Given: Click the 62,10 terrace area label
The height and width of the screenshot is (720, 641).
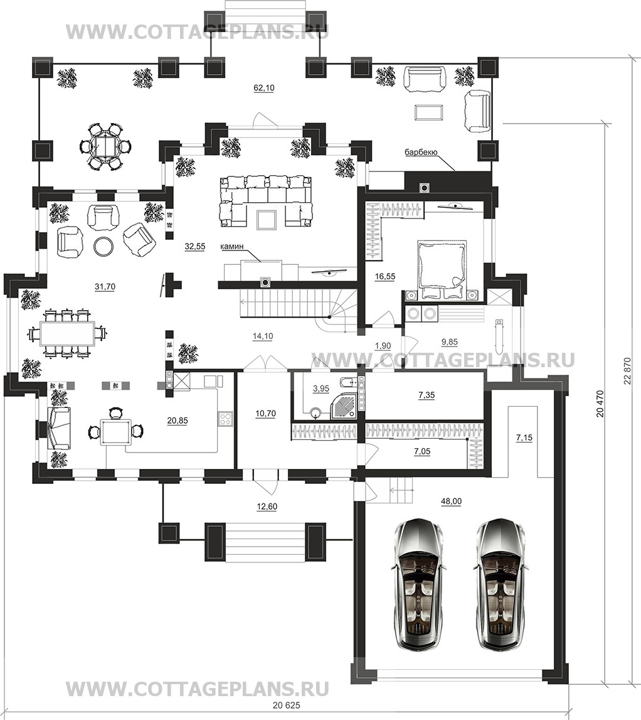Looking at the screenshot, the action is tap(264, 88).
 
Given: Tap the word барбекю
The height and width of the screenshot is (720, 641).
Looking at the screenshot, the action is tap(421, 152).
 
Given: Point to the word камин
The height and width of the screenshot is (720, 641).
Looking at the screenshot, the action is tap(231, 247).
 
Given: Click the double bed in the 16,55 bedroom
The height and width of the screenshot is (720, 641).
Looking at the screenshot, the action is tap(442, 271).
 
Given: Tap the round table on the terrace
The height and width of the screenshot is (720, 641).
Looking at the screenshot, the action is tap(106, 146).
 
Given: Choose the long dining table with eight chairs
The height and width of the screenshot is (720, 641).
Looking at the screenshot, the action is tap(67, 333).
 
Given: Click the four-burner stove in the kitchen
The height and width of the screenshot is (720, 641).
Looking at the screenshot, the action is tap(226, 418).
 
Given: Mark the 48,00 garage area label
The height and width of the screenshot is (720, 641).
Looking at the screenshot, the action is tap(451, 502).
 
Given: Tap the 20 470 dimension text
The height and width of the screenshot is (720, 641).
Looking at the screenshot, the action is tap(600, 404).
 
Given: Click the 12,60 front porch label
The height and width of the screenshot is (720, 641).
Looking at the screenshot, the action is tap(267, 507).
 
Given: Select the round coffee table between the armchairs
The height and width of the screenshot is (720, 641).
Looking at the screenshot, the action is tap(103, 246).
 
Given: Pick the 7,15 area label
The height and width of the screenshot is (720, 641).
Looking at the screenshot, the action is tap(524, 438).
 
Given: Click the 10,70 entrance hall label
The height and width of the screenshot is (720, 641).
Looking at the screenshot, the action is tap(265, 414).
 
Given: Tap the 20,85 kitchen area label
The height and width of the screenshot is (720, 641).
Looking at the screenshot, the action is tap(177, 421).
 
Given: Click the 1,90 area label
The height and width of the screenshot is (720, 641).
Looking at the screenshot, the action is tap(383, 347).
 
